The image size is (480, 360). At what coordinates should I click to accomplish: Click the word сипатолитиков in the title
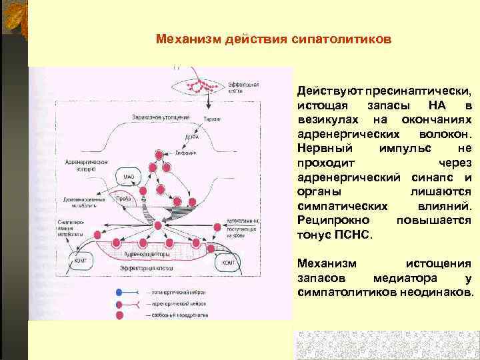pos(346,39)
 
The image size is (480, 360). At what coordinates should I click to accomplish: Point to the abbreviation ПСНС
pos(358,235)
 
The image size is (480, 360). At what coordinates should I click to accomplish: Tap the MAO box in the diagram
pos(128,176)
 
